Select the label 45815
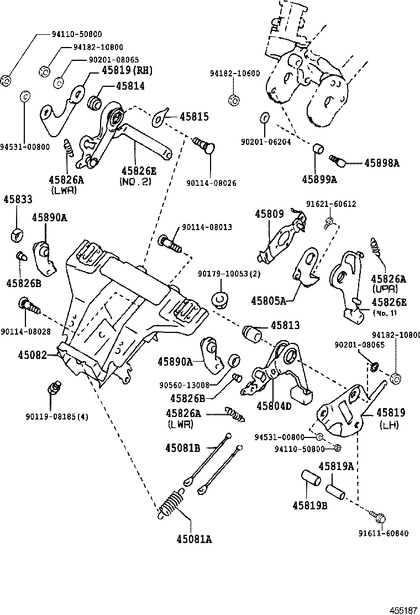[193, 117]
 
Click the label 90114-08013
[204, 227]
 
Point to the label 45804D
[274, 405]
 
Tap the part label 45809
[269, 213]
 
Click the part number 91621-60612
[331, 204]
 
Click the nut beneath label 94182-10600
[234, 100]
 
